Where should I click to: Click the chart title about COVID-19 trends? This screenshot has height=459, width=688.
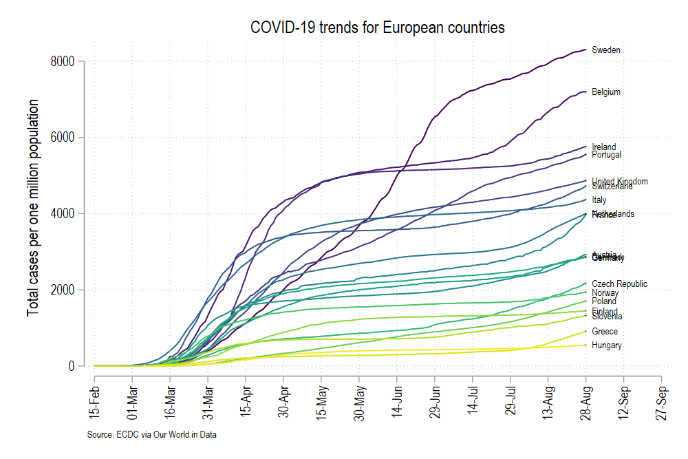tap(378, 28)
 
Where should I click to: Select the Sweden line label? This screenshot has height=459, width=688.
tap(606, 50)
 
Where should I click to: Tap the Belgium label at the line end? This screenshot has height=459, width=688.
tap(606, 92)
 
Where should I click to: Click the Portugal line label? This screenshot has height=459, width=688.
tap(607, 156)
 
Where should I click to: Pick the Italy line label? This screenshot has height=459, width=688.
tap(599, 200)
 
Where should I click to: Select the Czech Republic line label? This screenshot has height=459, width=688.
tap(619, 284)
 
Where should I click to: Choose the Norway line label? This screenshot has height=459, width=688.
tap(605, 293)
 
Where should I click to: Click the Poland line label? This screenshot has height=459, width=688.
tap(604, 301)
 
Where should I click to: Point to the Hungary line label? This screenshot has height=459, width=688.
tap(607, 345)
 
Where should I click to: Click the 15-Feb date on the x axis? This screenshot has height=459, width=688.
tap(96, 399)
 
